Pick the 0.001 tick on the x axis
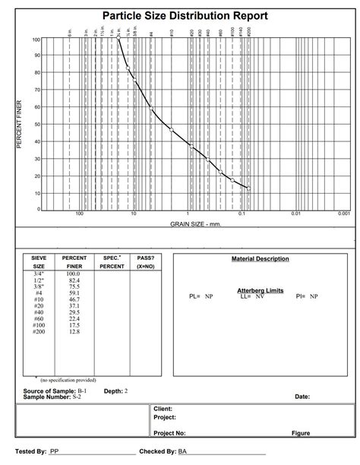344,214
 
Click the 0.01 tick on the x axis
296,214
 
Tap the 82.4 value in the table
74,280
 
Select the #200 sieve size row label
39,331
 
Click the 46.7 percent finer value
74,299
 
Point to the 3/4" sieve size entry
39,274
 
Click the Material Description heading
261,259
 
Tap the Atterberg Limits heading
261,290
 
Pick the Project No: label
169,433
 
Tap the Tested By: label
31,451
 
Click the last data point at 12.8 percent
248,188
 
